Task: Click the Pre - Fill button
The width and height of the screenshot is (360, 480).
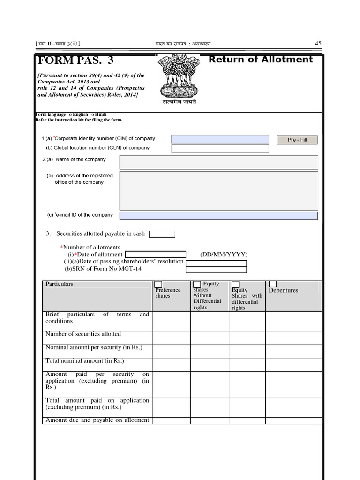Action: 297,140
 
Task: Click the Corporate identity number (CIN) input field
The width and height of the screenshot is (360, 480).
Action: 220,139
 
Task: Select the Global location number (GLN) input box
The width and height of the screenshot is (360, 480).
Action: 220,149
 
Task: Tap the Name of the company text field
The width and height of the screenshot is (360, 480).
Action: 218,162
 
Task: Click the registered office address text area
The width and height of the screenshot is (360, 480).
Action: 218,191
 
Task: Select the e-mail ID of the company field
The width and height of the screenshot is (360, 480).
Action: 218,216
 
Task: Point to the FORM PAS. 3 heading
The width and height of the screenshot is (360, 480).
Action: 75,61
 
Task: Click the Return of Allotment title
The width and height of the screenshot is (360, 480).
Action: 261,60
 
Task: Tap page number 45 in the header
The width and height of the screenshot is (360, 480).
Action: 318,44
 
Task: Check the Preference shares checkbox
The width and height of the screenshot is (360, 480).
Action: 158,285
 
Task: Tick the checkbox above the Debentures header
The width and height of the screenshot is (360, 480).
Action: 273,284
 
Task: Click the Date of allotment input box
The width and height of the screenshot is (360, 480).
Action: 156,255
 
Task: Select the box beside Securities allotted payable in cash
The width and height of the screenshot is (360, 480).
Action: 162,234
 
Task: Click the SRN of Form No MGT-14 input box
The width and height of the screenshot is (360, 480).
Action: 216,270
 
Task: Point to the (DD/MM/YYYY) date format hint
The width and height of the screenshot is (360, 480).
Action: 224,255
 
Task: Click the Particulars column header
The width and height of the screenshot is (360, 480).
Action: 60,284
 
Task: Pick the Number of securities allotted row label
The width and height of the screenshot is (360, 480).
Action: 83,334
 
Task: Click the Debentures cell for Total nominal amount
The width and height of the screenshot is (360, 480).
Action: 293,364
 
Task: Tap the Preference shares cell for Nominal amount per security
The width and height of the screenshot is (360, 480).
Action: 171,351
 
